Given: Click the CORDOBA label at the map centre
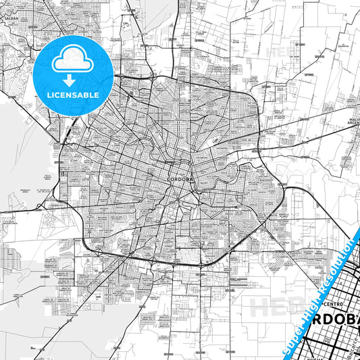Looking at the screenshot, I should [x=180, y=180].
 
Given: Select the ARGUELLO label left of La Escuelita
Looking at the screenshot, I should [x=23, y=191].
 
